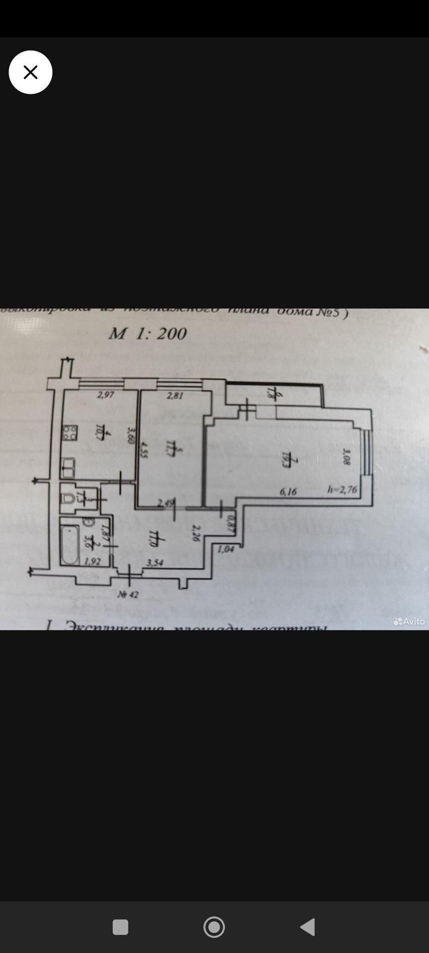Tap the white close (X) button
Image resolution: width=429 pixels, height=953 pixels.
click(x=30, y=72)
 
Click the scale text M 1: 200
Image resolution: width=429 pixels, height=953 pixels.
click(x=147, y=334)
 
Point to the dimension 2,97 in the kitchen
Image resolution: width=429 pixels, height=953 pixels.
click(x=106, y=395)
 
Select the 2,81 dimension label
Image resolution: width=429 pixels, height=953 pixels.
click(x=175, y=396)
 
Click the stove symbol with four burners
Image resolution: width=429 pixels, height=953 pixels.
click(x=70, y=433)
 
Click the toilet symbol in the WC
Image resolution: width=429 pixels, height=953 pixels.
click(x=68, y=498)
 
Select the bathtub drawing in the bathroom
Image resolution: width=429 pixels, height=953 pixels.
click(x=70, y=544)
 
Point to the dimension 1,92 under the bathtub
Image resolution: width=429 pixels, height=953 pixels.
click(x=92, y=561)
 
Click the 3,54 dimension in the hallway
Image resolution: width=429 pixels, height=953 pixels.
click(x=155, y=562)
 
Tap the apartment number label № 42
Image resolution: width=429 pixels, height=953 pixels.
click(x=128, y=594)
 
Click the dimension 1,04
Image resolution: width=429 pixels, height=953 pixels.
click(x=226, y=548)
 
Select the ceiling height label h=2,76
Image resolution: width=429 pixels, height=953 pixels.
click(x=342, y=490)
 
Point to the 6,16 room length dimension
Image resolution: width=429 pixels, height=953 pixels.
click(x=288, y=491)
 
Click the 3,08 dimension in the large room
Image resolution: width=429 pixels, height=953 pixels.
click(x=347, y=457)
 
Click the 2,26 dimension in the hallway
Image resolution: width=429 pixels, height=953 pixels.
click(x=196, y=533)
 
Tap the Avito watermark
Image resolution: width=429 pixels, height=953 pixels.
click(x=409, y=621)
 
